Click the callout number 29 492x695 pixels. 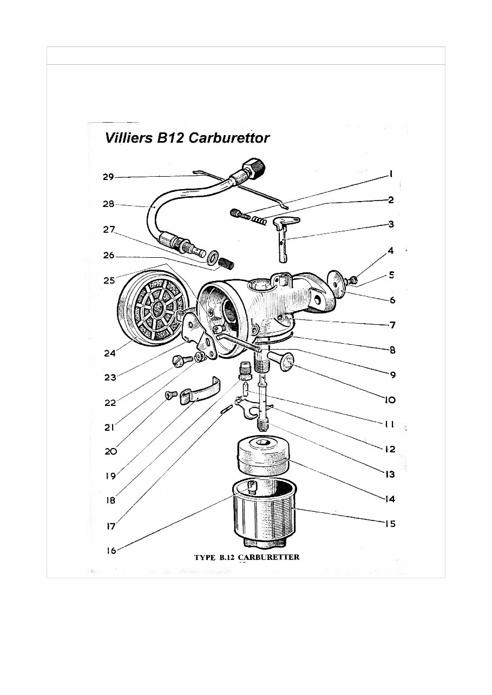click(108, 177)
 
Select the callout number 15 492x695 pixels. click(389, 523)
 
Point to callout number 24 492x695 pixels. click(110, 354)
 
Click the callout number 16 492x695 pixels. click(110, 551)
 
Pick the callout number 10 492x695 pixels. click(389, 400)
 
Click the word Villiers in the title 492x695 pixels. click(128, 138)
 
